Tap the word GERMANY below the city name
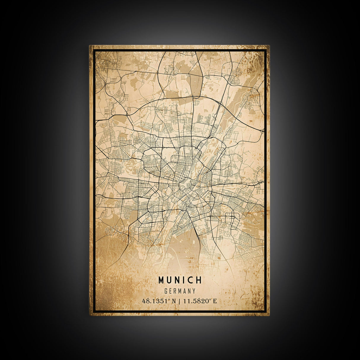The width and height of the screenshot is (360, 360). pyautogui.click(x=180, y=291)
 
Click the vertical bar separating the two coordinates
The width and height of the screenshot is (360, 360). pyautogui.click(x=180, y=301)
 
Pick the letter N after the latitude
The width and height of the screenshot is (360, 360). pyautogui.click(x=174, y=301)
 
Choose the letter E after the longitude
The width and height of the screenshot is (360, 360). pyautogui.click(x=215, y=301)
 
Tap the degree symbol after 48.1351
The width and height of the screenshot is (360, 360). pyautogui.click(x=169, y=300)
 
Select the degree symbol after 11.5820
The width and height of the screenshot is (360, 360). pyautogui.click(x=211, y=300)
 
